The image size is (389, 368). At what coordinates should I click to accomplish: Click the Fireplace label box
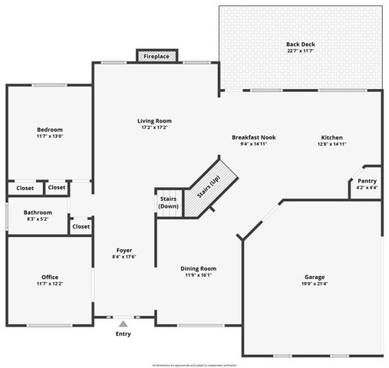(157, 56)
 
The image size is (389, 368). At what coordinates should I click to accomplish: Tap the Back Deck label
(300, 44)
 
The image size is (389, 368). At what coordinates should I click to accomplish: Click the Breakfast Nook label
(253, 137)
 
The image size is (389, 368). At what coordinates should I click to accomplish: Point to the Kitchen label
(331, 137)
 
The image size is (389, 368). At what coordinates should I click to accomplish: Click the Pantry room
(363, 182)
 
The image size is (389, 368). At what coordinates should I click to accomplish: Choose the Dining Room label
(199, 268)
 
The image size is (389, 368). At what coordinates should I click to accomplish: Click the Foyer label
(124, 250)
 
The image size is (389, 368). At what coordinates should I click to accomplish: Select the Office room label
(50, 277)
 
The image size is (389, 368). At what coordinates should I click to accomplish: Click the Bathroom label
(38, 212)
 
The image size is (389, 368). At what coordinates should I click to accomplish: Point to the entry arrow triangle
(123, 324)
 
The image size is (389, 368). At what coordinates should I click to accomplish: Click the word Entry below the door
(123, 333)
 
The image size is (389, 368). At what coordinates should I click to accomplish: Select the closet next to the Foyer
(81, 226)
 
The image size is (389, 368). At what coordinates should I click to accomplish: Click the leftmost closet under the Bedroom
(25, 188)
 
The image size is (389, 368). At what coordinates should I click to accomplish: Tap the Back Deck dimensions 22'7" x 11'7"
(300, 52)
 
